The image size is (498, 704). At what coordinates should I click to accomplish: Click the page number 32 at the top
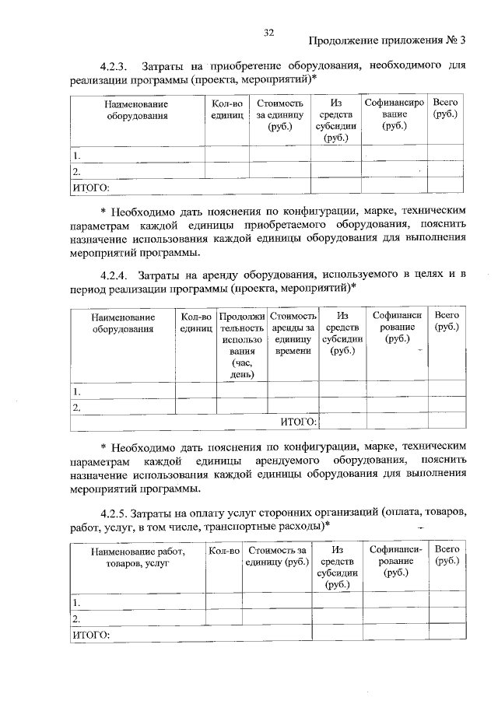coord(269,32)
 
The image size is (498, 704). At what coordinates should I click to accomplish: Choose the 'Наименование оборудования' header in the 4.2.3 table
coord(136,110)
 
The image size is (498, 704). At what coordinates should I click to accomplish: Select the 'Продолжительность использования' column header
coord(241,345)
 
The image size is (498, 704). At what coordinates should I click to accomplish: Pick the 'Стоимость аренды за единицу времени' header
coord(293,334)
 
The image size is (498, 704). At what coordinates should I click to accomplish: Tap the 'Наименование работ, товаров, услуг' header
coord(136,557)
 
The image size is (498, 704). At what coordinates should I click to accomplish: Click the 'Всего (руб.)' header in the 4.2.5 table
coord(447,555)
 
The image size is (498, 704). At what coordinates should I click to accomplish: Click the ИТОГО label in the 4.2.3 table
coord(91,187)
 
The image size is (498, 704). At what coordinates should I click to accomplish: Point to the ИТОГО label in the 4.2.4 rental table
coord(298,422)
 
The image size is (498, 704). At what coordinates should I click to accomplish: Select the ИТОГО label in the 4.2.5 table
coord(91,635)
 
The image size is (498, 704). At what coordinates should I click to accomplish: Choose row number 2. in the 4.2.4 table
coord(77,407)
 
